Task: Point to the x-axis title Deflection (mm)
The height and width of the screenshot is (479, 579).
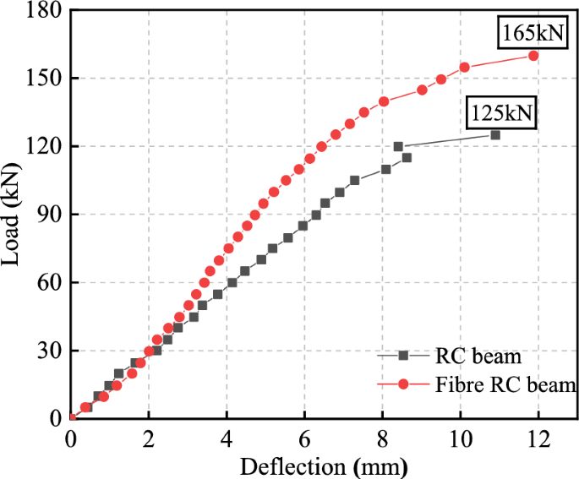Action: tap(324, 465)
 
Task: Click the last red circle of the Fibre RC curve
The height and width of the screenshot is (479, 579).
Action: tap(533, 55)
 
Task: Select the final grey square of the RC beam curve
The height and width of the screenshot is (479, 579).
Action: tap(495, 135)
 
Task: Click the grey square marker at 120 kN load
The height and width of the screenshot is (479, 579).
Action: tap(398, 146)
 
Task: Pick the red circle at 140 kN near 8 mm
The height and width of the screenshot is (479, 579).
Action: tap(384, 101)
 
